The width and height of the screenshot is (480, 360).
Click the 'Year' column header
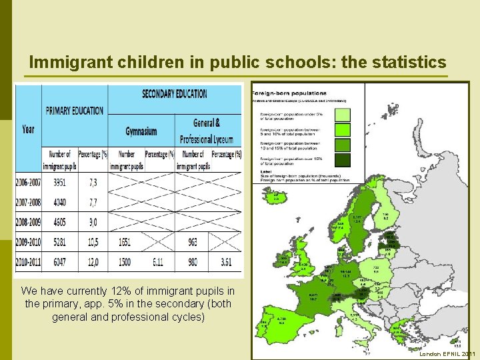28,129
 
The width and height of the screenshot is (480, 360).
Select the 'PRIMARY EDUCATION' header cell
74,110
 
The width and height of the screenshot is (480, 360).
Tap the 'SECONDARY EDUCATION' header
174,94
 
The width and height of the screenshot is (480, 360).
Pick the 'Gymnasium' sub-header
141,131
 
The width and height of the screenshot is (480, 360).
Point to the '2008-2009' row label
28,221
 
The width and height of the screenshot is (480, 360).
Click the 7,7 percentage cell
92,202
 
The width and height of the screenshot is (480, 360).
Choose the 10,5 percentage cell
92,241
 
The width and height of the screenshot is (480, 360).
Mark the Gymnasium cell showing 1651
125,241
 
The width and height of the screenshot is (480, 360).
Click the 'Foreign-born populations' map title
289,92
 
